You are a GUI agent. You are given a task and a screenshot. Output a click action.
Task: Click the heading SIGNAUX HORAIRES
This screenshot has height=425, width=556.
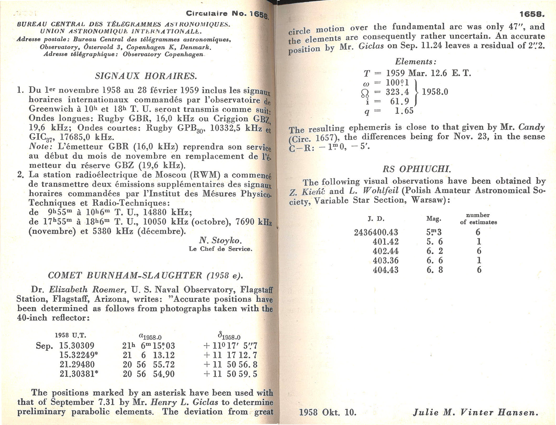tap(146, 76)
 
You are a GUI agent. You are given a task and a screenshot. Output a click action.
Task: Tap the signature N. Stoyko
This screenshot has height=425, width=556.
tap(220, 240)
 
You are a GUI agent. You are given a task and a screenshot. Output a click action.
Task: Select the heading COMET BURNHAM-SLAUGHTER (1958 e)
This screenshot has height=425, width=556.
tap(145, 275)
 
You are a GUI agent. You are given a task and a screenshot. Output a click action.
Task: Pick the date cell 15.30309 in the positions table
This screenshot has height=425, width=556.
tap(77, 346)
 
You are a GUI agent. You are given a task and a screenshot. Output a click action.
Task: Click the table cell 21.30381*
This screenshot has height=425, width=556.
tap(79, 374)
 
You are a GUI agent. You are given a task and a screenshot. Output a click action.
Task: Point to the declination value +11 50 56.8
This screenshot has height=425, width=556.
tap(230, 364)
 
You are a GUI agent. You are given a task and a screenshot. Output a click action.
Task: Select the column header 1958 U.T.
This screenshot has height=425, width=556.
tap(70, 335)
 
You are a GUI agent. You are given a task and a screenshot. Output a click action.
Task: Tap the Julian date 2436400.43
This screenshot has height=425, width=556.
tap(376, 232)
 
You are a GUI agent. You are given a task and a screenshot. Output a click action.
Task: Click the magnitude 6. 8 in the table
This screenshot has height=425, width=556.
tap(434, 270)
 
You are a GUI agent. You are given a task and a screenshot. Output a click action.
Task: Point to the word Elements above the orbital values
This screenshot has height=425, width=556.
tap(416, 62)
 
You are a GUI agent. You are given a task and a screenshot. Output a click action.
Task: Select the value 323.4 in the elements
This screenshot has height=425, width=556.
tap(397, 92)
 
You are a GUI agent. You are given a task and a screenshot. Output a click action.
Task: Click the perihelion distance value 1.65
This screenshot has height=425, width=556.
tap(404, 111)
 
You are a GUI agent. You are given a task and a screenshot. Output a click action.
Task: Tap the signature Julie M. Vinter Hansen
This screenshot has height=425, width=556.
tap(476, 412)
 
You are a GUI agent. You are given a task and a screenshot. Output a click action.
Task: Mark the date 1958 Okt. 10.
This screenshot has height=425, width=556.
tap(328, 412)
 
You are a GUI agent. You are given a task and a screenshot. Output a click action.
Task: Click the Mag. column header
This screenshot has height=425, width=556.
tap(434, 219)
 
